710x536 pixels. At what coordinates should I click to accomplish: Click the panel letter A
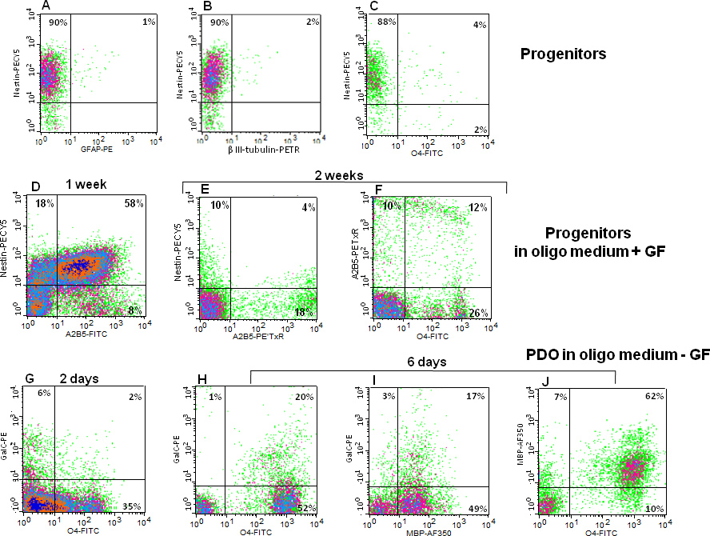(46, 6)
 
